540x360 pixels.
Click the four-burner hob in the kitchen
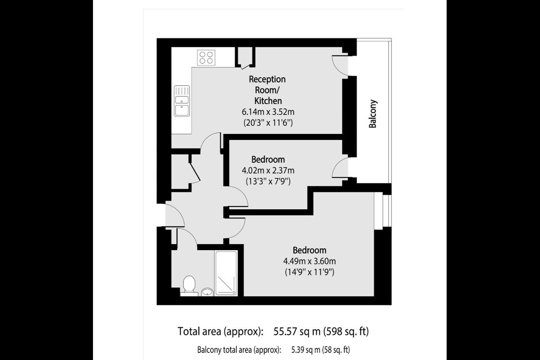pos(206,58)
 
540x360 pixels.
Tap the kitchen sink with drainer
pos(182,101)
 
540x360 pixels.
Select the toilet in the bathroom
pos(189,286)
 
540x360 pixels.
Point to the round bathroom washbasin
pos(207,292)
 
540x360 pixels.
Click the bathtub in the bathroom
pos(226,273)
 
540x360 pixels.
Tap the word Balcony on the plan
pos(373,114)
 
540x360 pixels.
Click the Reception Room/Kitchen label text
pos(267,90)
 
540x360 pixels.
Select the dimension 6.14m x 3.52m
pos(268,112)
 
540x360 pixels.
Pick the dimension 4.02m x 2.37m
pos(268,171)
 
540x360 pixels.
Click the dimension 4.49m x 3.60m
pos(309,261)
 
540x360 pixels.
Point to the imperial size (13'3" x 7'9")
pos(268,181)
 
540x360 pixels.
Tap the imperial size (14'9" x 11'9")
pos(309,272)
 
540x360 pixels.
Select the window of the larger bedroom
pos(382,211)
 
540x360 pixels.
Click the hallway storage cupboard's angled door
pos(195,171)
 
